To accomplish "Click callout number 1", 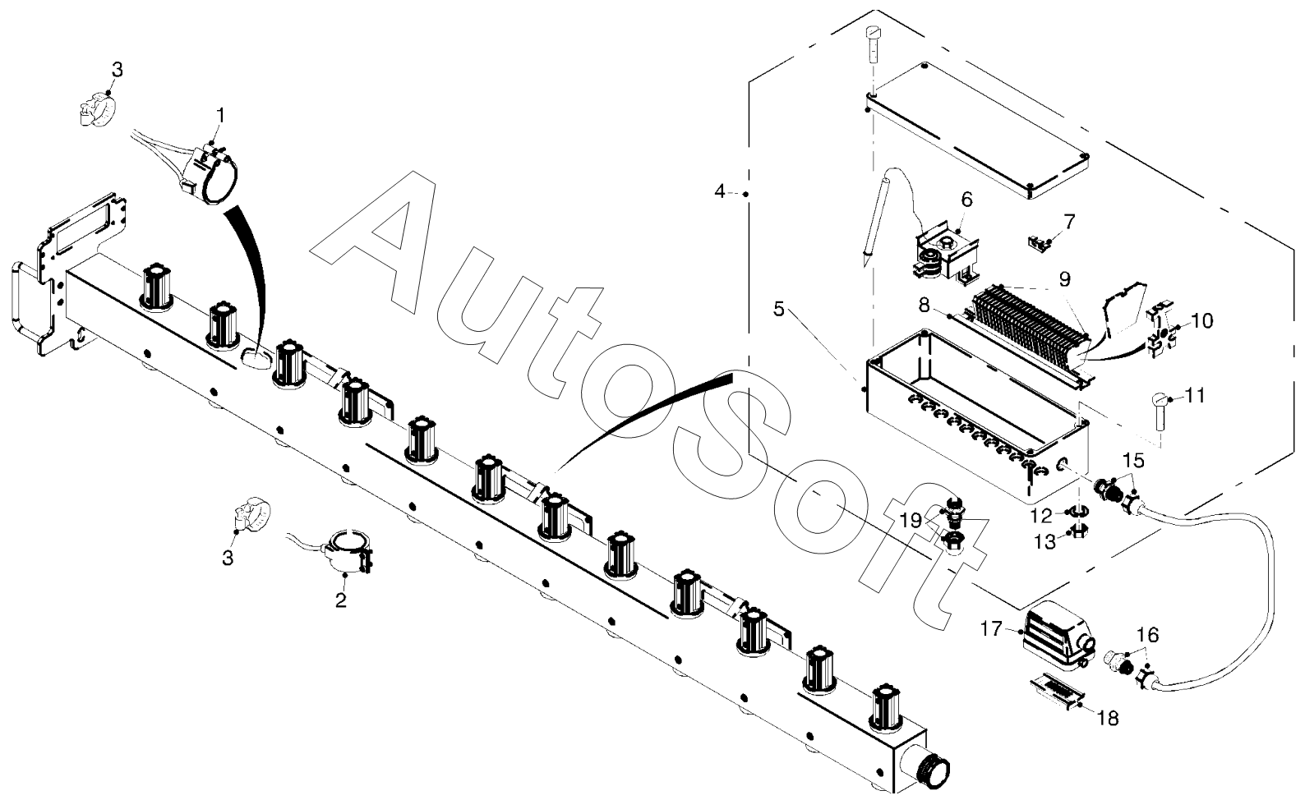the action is (x=219, y=113).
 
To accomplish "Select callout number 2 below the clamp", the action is (x=340, y=600).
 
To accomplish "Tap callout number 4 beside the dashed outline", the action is (x=720, y=192).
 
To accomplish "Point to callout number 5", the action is (x=779, y=310).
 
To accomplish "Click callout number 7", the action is (x=1068, y=221).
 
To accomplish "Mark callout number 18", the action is (x=1108, y=719).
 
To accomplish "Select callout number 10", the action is (x=1201, y=320).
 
